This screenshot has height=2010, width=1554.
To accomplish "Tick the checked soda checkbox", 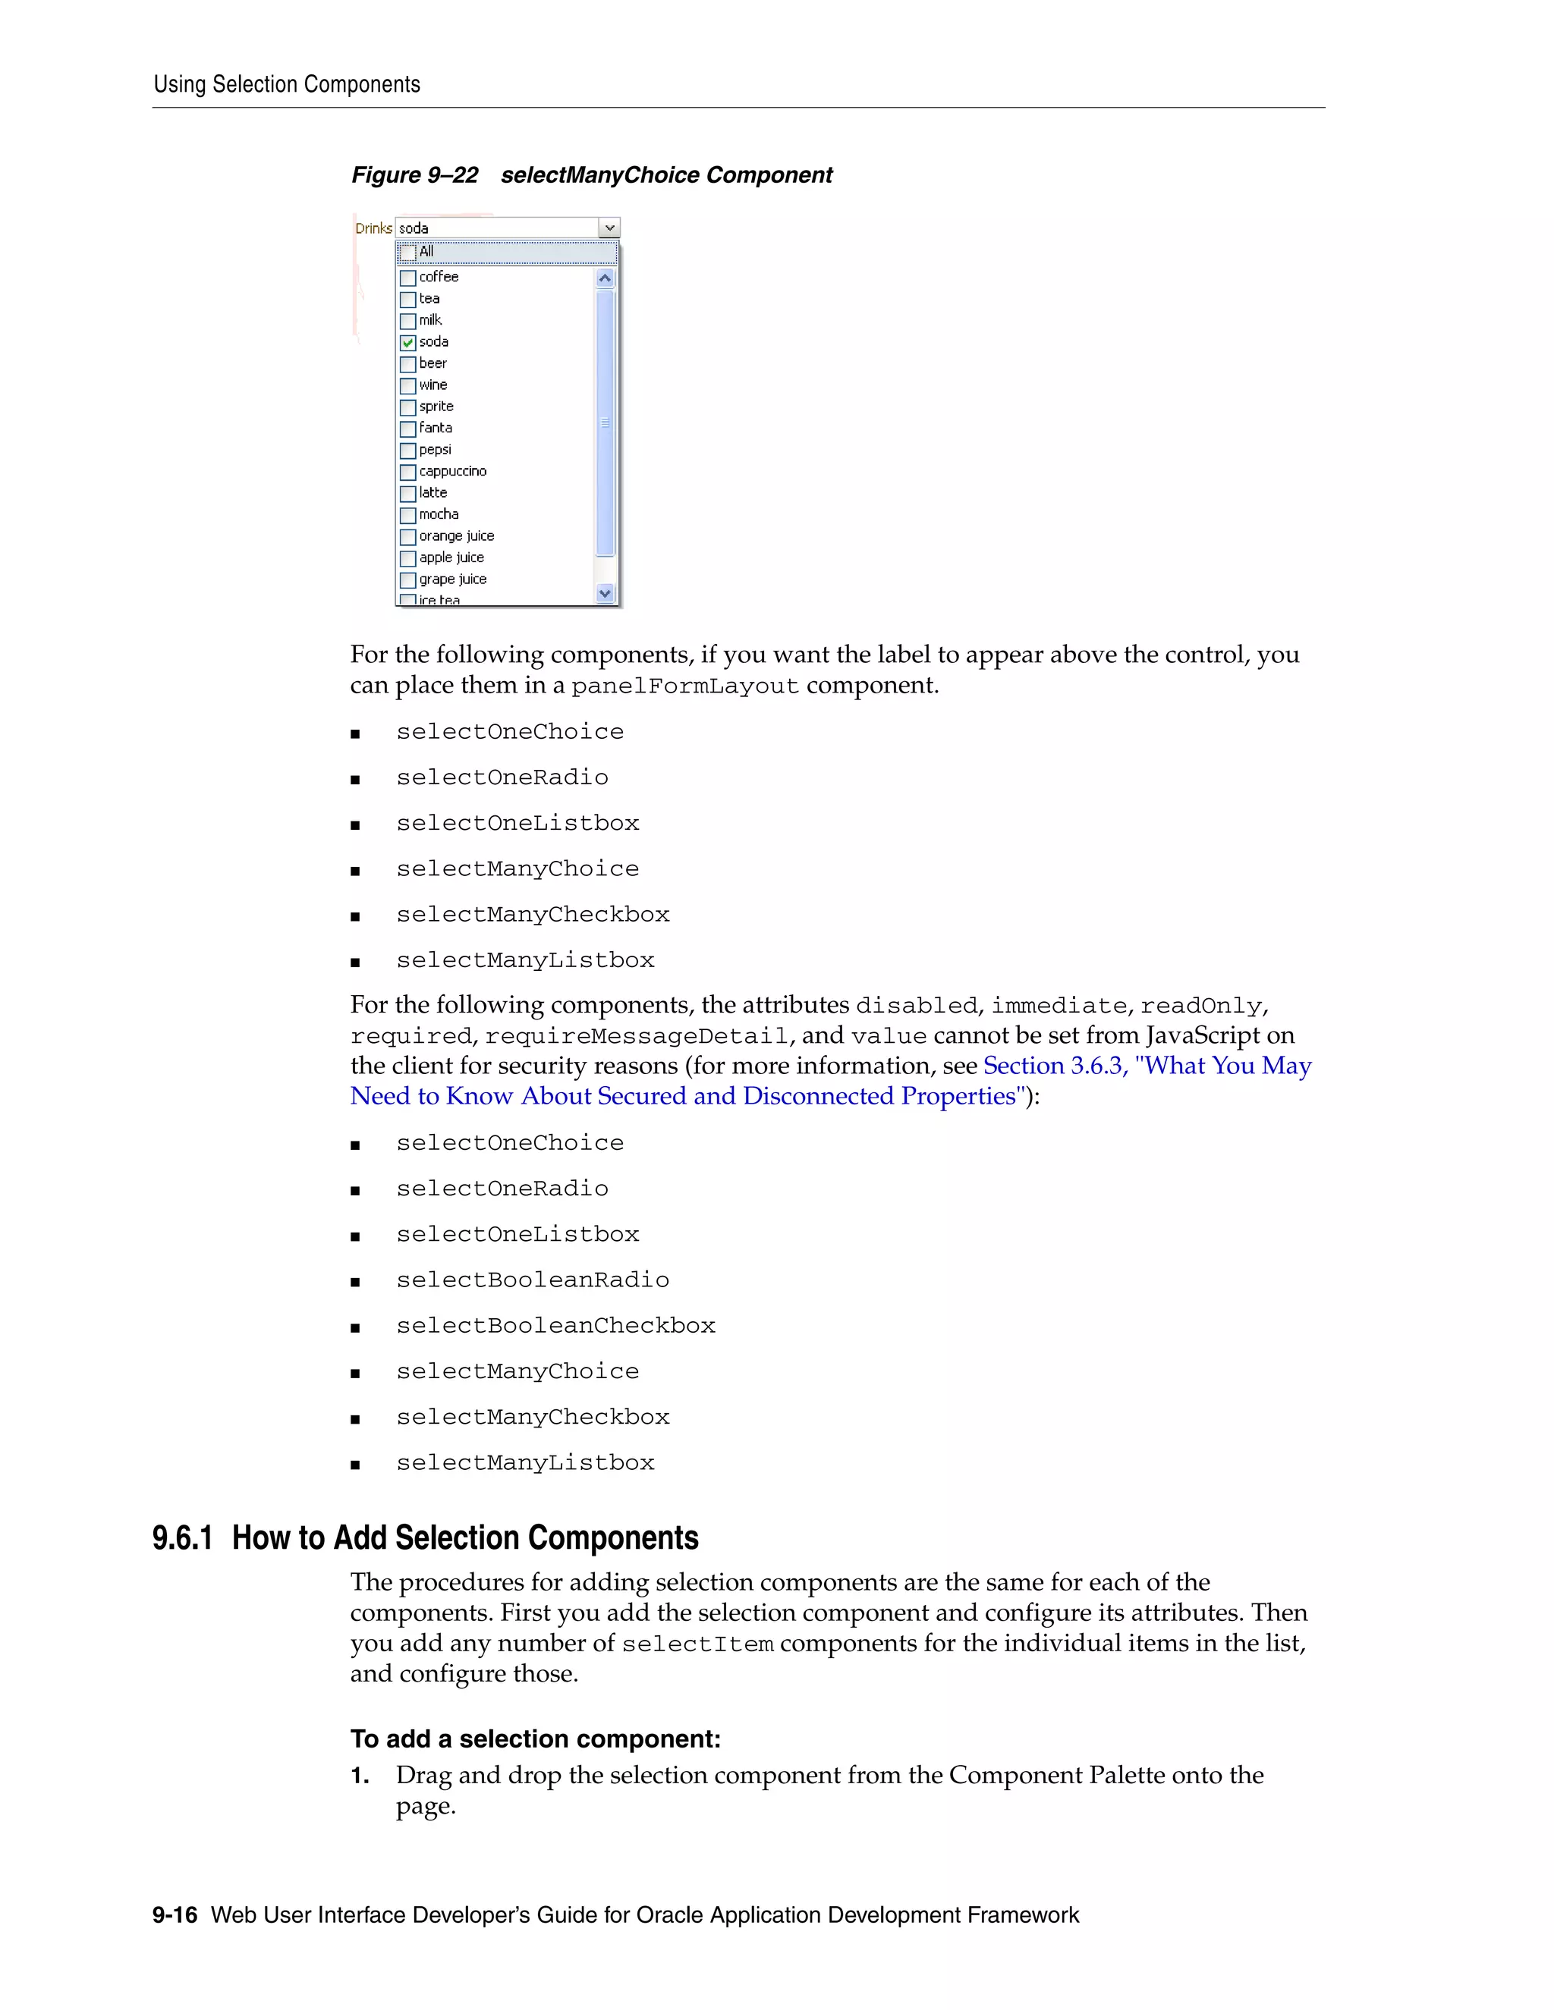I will (407, 342).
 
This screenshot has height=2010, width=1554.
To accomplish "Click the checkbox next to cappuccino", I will (407, 472).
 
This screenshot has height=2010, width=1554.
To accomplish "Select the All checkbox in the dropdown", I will (407, 252).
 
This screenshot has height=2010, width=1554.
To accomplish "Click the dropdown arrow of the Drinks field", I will (609, 228).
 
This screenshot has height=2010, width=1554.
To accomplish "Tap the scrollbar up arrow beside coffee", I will (605, 278).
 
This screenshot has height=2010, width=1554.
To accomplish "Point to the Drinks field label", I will (373, 228).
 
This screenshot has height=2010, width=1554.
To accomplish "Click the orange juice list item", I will (457, 536).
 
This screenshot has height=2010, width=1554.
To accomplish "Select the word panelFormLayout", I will (685, 686).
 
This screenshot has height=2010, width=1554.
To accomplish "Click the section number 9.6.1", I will (182, 1538).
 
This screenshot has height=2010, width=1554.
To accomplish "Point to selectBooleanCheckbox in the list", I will (555, 1325).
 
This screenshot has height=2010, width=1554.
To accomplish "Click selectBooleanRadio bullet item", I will (532, 1280).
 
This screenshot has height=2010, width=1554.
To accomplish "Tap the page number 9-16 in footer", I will (175, 1915).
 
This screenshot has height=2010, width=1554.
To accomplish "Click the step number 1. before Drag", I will (360, 1776).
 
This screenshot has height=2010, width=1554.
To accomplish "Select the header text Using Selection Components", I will (286, 85).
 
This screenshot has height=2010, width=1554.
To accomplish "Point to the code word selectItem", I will (697, 1644).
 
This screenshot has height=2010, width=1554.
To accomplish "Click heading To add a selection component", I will (535, 1738).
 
